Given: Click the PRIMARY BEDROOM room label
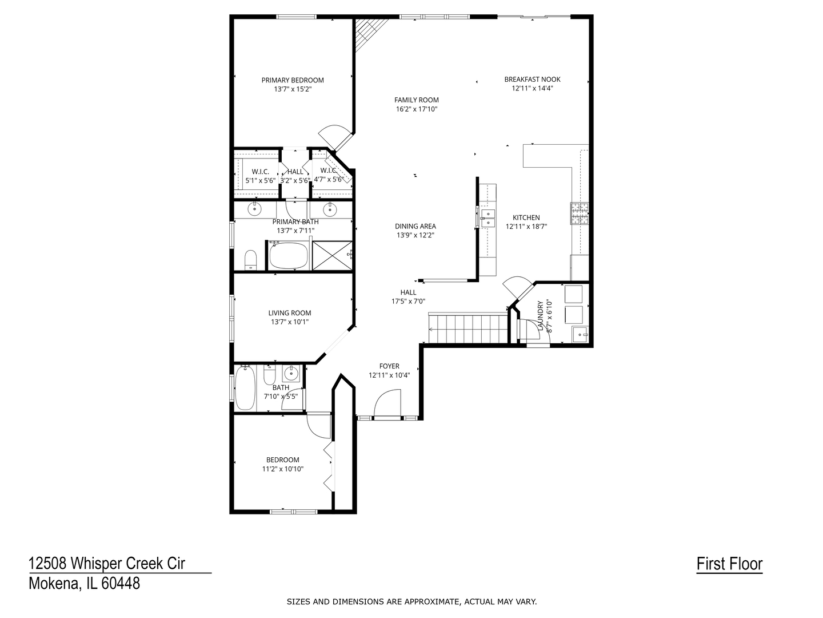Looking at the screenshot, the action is pyautogui.click(x=293, y=80).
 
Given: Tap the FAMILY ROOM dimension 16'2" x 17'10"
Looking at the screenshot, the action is pyautogui.click(x=417, y=109).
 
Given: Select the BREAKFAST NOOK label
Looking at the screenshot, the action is pyautogui.click(x=532, y=79).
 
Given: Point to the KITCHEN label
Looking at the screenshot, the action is pyautogui.click(x=526, y=217).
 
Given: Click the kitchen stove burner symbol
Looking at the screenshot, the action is pyautogui.click(x=580, y=213).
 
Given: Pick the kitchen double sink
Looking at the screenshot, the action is pyautogui.click(x=488, y=218).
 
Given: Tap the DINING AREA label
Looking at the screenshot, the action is pyautogui.click(x=416, y=226).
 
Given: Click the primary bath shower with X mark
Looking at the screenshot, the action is pyautogui.click(x=332, y=255).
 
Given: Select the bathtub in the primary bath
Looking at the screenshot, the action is pyautogui.click(x=289, y=255).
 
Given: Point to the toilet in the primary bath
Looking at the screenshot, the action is pyautogui.click(x=250, y=260).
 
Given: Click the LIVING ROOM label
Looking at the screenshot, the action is pyautogui.click(x=289, y=313).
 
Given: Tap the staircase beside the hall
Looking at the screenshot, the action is pyautogui.click(x=468, y=328).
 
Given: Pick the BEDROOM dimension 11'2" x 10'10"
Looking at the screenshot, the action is pyautogui.click(x=283, y=469).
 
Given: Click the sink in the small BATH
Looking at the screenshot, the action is pyautogui.click(x=291, y=373).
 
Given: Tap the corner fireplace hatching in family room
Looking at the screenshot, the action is pyautogui.click(x=369, y=33).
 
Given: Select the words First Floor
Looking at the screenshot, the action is pyautogui.click(x=729, y=564).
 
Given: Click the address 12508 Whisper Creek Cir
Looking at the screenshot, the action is pyautogui.click(x=107, y=563).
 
